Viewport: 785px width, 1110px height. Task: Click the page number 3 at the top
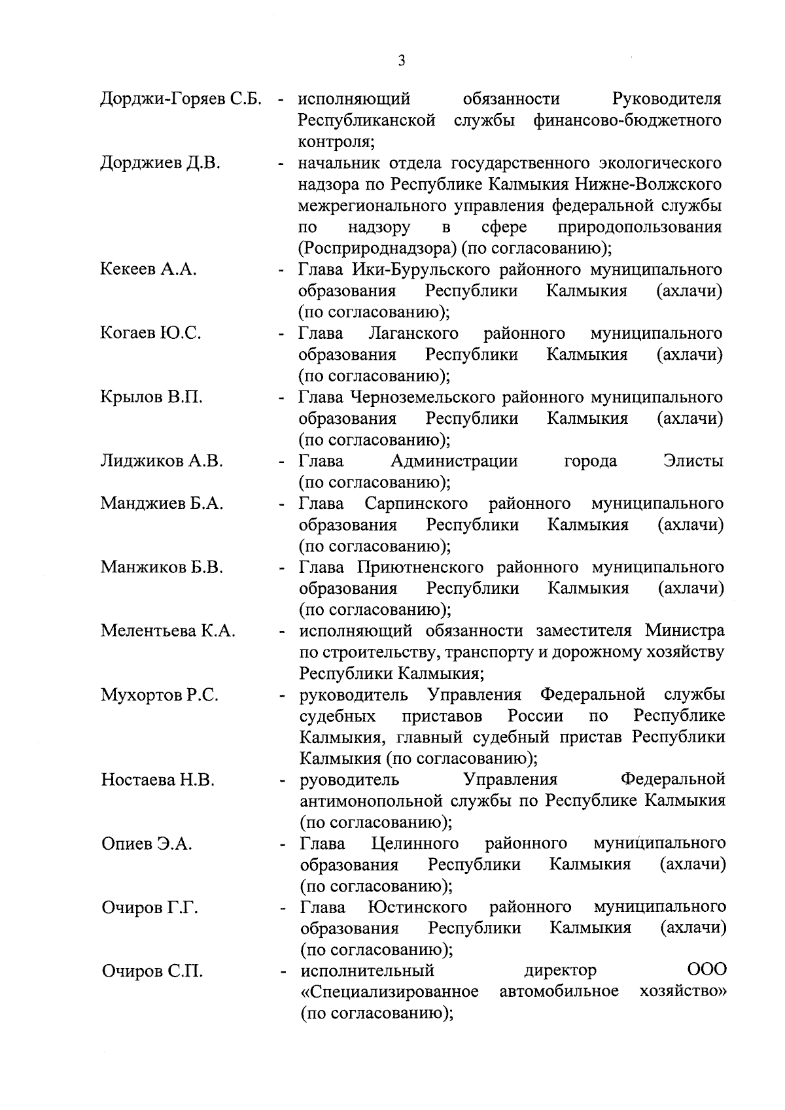[x=401, y=61]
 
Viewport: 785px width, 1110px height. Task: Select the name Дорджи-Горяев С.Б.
[x=181, y=99]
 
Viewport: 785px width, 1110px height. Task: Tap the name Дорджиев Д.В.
[x=160, y=163]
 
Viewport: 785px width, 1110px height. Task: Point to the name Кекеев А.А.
[x=148, y=269]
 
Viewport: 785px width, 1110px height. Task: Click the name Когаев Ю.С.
[x=150, y=333]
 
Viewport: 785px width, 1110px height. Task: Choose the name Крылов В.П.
[x=151, y=397]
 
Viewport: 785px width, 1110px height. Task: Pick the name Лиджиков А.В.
[x=162, y=461]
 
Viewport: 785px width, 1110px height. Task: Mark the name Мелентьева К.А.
[x=167, y=631]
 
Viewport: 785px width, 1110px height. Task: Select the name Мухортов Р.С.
[x=160, y=695]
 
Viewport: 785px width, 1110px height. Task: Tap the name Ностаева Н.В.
[x=158, y=780]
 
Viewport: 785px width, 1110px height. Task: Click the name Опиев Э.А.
[x=147, y=844]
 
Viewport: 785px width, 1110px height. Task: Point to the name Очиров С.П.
[x=152, y=971]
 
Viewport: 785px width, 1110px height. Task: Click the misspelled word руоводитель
[x=349, y=780]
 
